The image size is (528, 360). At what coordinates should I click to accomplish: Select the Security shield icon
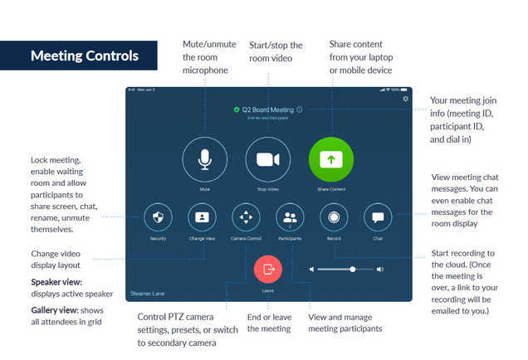tap(159, 218)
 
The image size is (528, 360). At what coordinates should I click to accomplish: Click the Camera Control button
tap(246, 218)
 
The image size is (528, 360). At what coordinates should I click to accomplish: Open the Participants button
tap(290, 218)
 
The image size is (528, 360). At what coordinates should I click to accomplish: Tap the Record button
tap(334, 218)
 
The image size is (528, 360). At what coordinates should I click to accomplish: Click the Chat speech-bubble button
tap(378, 218)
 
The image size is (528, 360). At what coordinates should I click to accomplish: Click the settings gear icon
tap(405, 99)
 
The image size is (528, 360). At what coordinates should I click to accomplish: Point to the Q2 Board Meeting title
tap(267, 109)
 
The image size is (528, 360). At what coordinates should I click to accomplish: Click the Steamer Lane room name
tap(149, 293)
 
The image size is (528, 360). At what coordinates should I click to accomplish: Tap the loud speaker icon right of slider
tap(380, 269)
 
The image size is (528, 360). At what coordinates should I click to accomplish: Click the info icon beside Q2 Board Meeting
tap(300, 109)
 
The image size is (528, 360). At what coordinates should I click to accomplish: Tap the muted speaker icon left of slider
tap(312, 269)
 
